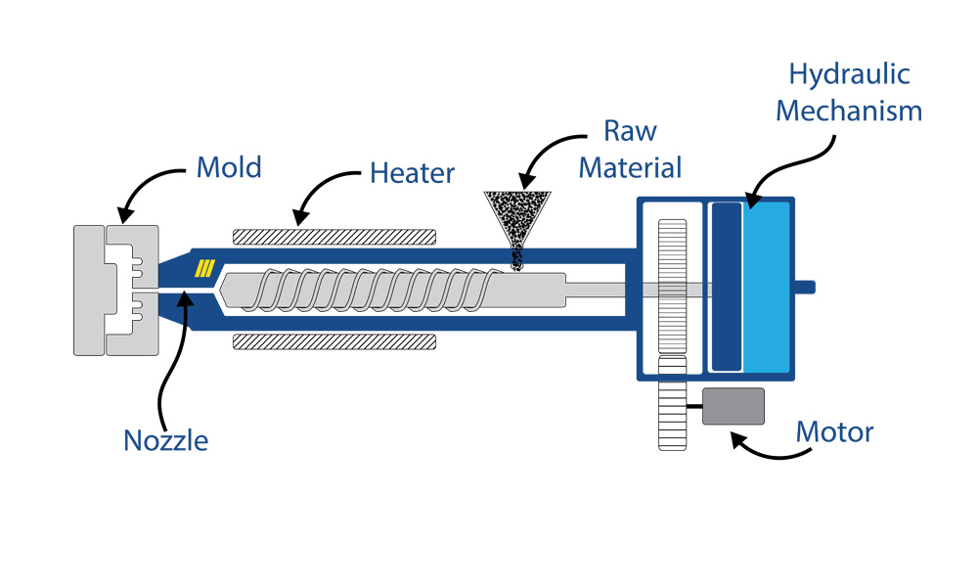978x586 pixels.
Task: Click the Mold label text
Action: pos(229,166)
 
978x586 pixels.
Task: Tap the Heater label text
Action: pos(412,174)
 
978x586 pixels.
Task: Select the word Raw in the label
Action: pos(630,131)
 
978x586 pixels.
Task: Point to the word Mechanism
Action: pos(849,111)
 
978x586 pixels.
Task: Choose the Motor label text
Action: pos(834,431)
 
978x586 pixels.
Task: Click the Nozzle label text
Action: pos(166,440)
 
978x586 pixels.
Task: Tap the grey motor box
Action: pos(733,406)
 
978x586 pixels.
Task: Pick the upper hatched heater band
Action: pos(333,237)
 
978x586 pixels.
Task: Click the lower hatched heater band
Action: pos(333,341)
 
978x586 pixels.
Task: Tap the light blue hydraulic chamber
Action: pos(767,287)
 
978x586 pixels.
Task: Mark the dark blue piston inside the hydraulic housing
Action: pos(726,287)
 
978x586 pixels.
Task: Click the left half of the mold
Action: pos(90,291)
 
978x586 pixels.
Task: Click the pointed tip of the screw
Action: pos(225,291)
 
